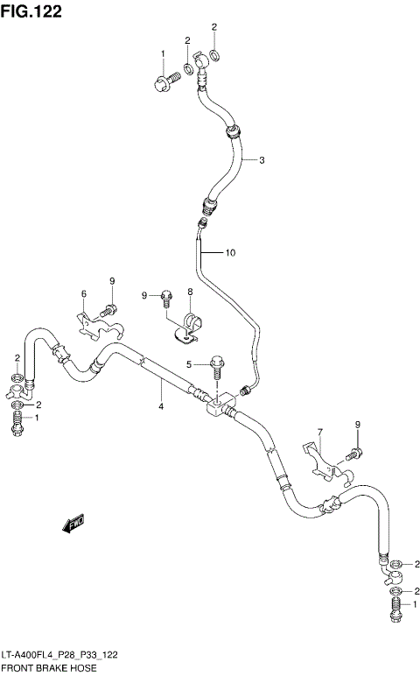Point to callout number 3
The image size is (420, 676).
(261, 160)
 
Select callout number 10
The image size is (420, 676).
(230, 254)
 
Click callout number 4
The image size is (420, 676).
(161, 405)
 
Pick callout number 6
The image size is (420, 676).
(84, 293)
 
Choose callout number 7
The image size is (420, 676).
(320, 433)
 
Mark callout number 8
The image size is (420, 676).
(189, 292)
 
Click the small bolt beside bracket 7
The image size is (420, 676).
(353, 454)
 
